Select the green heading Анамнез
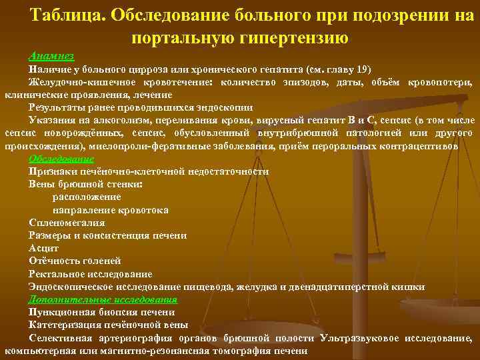[x=48, y=56]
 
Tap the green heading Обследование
[x=61, y=159]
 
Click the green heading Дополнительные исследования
[x=103, y=299]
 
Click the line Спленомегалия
[x=67, y=223]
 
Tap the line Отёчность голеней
[x=75, y=261]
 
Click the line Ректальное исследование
[x=90, y=274]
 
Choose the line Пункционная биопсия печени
[x=101, y=312]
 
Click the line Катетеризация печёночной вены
[x=108, y=325]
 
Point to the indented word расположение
[x=87, y=197]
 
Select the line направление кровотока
[x=110, y=210]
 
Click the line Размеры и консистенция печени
[x=107, y=235]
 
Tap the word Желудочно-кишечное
[x=74, y=82]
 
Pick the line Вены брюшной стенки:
[x=86, y=184]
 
